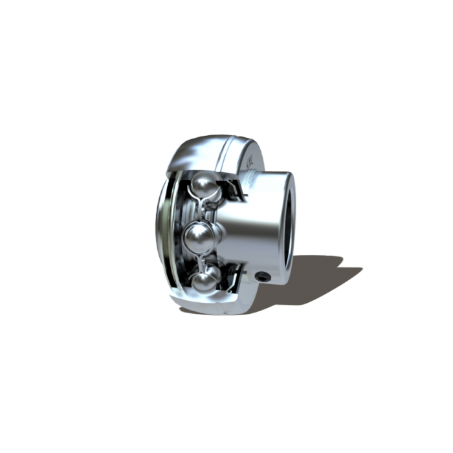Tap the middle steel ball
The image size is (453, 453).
coord(199,239)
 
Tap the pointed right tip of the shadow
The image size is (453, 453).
coord(362,267)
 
